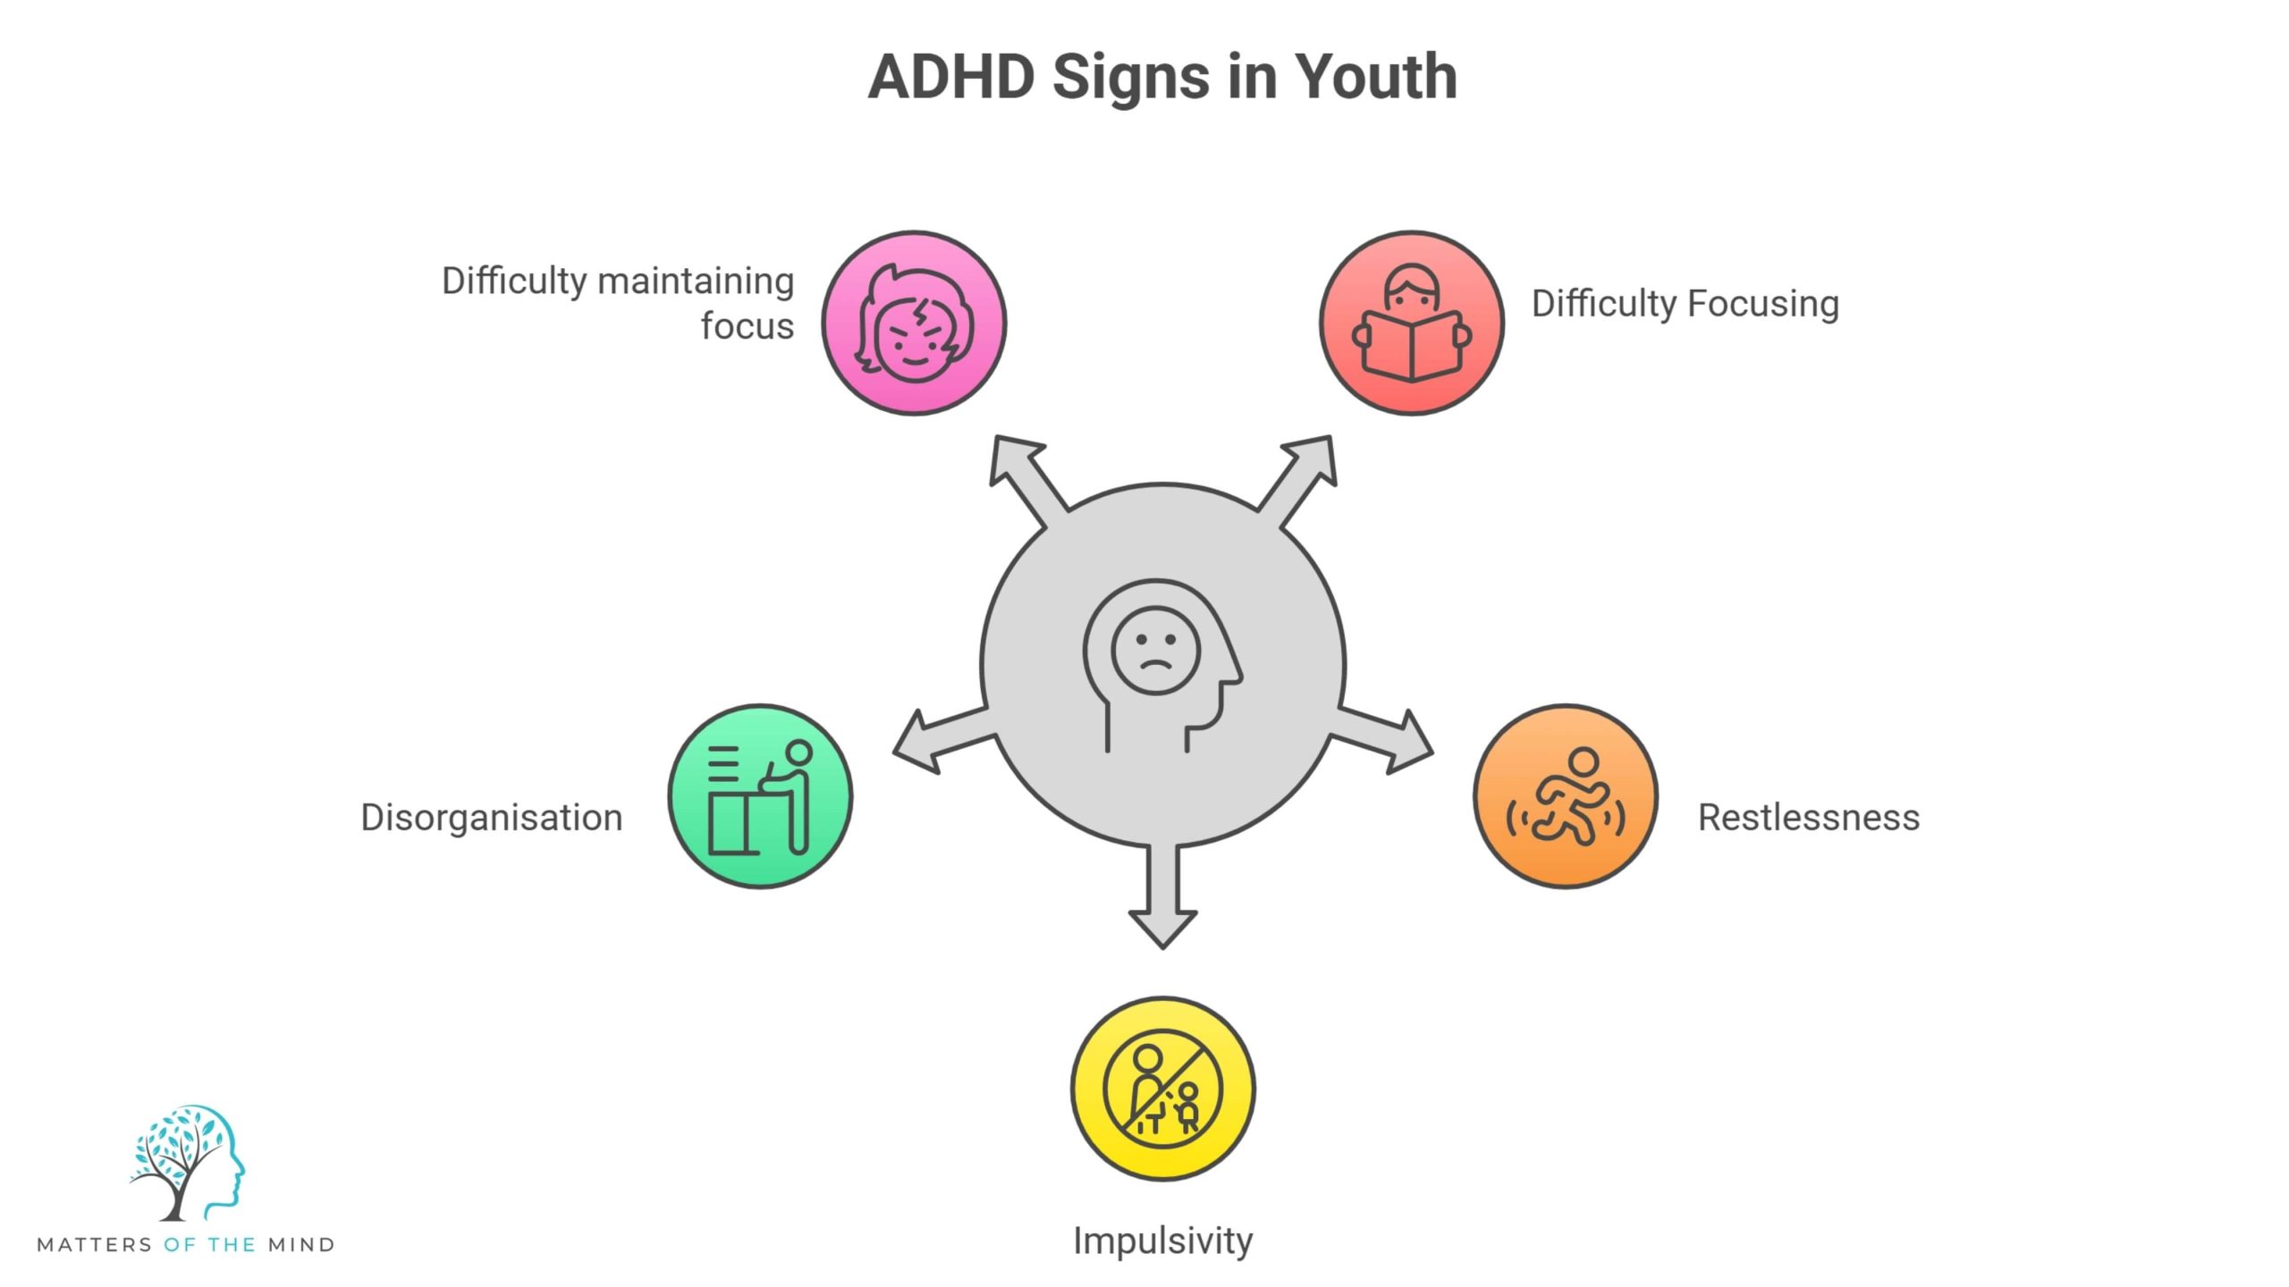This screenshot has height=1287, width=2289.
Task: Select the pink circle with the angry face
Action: [x=914, y=323]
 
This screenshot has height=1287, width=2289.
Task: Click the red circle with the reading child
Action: [x=1411, y=323]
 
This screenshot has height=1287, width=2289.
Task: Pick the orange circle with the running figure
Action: [x=1565, y=795]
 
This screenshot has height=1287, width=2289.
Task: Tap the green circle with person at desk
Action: [x=760, y=795]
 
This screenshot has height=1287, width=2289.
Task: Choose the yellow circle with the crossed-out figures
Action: [x=1162, y=1089]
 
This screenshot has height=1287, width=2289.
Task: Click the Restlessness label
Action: [x=1808, y=818]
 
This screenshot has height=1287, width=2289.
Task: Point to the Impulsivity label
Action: [x=1162, y=1241]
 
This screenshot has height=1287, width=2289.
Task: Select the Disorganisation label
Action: [x=491, y=818]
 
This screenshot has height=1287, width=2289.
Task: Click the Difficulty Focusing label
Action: [x=1685, y=304]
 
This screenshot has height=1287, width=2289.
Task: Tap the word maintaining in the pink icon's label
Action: [x=696, y=282]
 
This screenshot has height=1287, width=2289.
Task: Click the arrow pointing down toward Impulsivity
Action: [x=1162, y=903]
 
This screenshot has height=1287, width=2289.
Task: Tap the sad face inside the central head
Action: [x=1155, y=651]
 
